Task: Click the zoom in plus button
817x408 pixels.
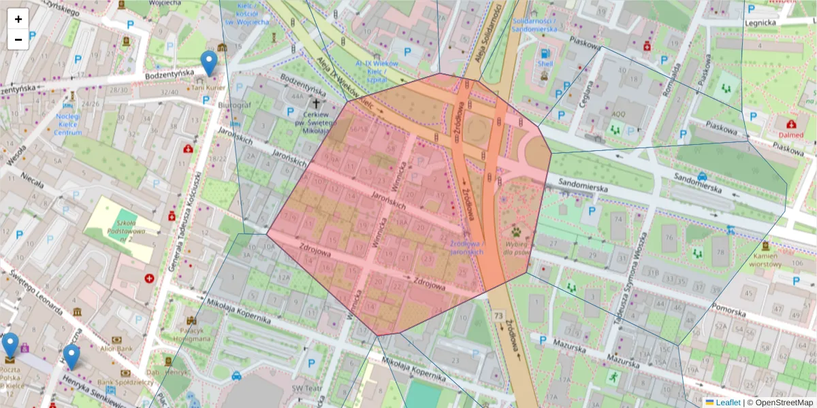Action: pos(18,19)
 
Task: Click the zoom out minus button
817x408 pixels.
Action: pos(18,39)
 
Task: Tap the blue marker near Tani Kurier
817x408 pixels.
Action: pos(210,63)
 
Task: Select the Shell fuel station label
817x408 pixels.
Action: pos(545,63)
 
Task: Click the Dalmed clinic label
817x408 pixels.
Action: pos(790,135)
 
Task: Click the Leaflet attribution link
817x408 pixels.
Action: pos(728,403)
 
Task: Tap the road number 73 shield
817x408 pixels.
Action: pos(498,316)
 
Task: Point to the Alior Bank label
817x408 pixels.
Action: pos(115,347)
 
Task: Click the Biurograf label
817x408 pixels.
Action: pos(234,105)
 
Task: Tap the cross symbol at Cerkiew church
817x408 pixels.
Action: pos(315,104)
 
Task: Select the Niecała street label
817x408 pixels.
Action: pos(32,180)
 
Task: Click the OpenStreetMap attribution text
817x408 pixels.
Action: pos(782,403)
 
